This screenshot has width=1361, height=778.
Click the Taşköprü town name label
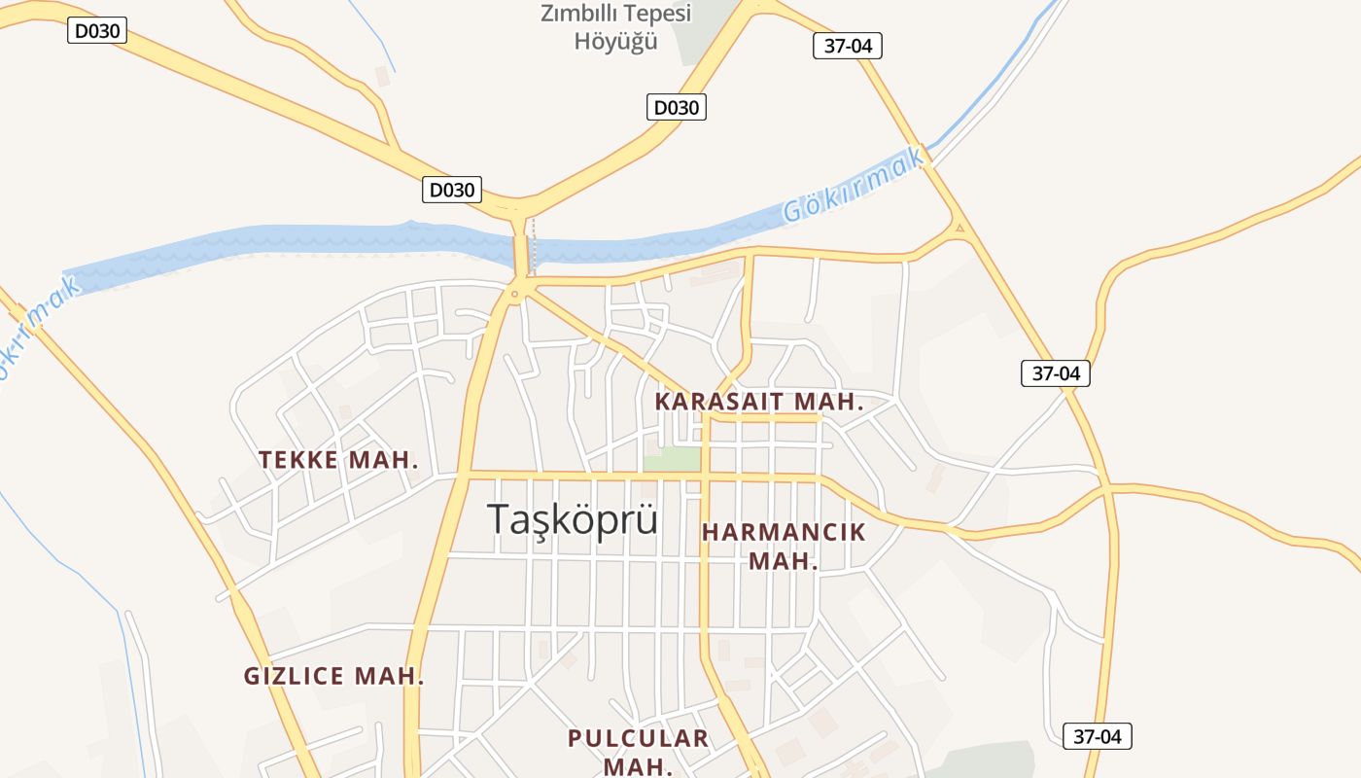coord(572,520)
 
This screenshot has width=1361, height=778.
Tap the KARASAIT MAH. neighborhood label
coord(759,401)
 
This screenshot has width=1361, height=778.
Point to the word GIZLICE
coord(293,676)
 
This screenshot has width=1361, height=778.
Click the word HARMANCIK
coord(784,532)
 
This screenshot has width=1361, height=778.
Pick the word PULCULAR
coord(638,738)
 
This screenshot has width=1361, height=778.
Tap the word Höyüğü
coord(615,42)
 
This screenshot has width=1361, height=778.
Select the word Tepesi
coord(658,14)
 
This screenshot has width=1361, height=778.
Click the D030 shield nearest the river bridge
coord(452,190)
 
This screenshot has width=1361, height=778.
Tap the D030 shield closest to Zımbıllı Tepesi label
coord(677,107)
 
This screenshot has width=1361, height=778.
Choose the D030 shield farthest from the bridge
coord(97,31)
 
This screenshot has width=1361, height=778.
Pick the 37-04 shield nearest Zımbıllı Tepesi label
coord(848,45)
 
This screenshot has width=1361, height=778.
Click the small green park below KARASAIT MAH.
coord(673,458)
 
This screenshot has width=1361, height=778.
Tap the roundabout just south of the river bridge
coord(515,291)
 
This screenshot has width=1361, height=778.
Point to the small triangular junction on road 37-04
coord(960,230)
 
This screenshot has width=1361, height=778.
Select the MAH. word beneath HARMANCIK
coord(783,561)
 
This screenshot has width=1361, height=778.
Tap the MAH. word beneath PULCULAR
coord(638,766)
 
